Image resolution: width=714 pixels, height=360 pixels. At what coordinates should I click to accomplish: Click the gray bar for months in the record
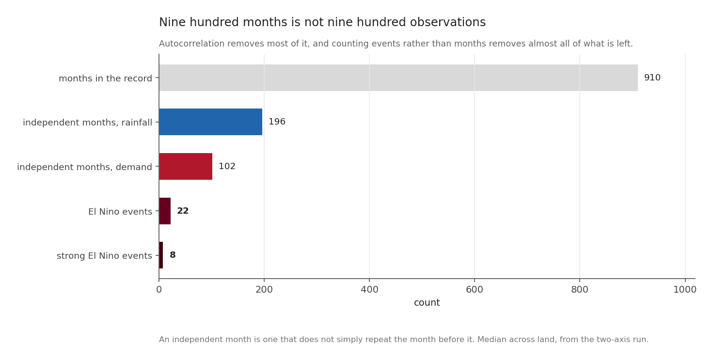(x=398, y=78)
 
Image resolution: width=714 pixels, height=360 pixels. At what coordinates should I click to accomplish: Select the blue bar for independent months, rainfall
(x=211, y=122)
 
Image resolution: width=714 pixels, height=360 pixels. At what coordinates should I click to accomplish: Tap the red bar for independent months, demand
(x=186, y=166)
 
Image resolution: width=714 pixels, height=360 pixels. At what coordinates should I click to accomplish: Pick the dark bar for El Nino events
(x=165, y=211)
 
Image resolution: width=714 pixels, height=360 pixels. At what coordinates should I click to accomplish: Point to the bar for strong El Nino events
(x=161, y=255)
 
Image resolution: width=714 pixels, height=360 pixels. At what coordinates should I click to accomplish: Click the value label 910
(x=652, y=78)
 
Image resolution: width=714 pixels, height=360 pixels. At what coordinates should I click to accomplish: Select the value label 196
(x=277, y=122)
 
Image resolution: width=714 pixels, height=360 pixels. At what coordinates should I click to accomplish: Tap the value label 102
(x=227, y=166)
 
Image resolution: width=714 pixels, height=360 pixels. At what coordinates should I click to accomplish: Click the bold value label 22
(x=183, y=211)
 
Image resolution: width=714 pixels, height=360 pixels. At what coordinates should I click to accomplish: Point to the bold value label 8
(x=173, y=255)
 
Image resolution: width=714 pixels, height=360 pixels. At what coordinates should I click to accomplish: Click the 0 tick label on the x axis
(x=159, y=290)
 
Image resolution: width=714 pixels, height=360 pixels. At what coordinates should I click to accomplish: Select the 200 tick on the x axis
(x=264, y=290)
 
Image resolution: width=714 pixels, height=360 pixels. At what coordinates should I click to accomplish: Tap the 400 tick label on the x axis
(x=369, y=290)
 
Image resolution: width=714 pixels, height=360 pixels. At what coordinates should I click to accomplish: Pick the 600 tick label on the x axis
(x=475, y=290)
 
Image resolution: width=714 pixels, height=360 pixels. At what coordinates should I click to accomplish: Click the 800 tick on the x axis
(x=580, y=290)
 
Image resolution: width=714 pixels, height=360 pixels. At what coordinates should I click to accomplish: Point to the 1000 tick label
(x=685, y=290)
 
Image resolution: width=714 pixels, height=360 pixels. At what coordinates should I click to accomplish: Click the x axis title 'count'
(x=427, y=303)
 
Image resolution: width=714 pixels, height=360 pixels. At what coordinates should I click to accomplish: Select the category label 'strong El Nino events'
(x=104, y=256)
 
